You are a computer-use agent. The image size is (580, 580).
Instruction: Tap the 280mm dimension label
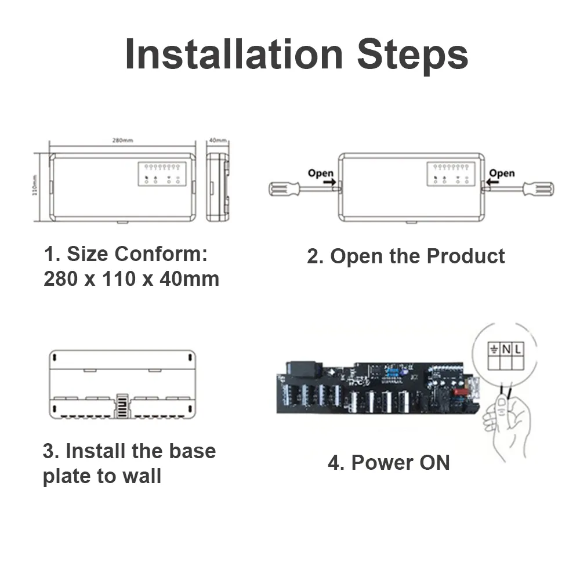tap(122, 140)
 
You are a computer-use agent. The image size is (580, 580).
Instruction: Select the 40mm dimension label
tap(217, 140)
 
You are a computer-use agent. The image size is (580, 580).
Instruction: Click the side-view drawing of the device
tap(217, 187)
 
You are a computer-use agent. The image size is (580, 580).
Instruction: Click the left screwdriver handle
tap(284, 188)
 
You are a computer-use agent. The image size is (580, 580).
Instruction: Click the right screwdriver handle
tap(538, 188)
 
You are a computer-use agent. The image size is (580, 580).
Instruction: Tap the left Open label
tap(321, 173)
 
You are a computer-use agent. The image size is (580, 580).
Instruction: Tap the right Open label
tap(501, 173)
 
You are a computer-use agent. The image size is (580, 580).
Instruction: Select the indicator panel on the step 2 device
tap(451, 174)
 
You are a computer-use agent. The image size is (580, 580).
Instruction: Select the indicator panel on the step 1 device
tap(161, 174)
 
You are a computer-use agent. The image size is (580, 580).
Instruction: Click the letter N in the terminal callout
tap(506, 349)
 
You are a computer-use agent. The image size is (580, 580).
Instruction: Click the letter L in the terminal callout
tap(518, 349)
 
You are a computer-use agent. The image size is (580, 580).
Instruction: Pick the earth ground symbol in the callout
tap(494, 349)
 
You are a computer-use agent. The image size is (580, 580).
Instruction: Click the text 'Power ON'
tap(400, 463)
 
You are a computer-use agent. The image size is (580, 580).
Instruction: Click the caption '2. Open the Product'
tap(406, 256)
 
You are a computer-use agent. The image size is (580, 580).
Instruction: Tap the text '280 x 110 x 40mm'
tap(132, 279)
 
